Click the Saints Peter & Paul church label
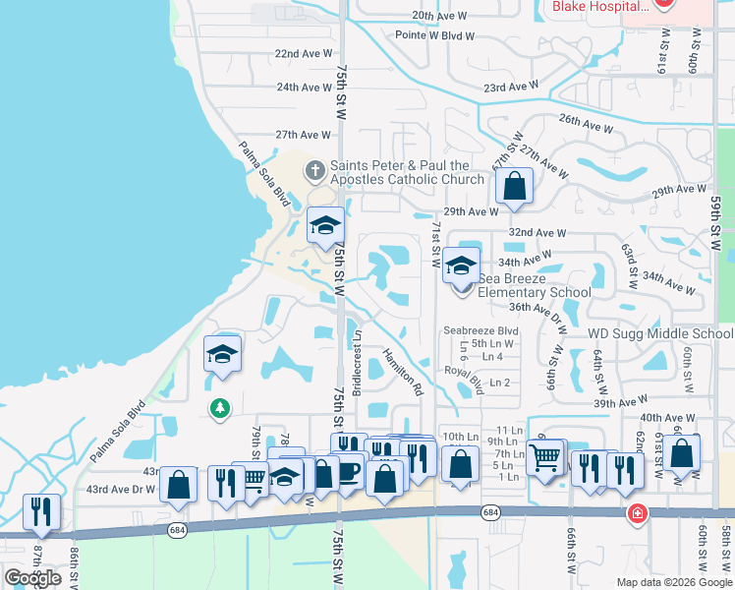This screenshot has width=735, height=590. (x=407, y=172)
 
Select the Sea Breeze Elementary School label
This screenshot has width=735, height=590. (x=535, y=285)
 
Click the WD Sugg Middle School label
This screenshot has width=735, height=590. (x=660, y=334)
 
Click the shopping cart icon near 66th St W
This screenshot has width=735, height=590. (x=545, y=455)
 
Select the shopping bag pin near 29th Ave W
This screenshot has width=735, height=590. (x=514, y=186)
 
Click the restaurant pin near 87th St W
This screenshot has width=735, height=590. (x=41, y=511)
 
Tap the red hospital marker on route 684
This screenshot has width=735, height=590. (x=638, y=513)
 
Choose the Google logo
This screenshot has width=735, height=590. (x=32, y=578)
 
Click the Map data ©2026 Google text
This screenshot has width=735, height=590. (x=673, y=582)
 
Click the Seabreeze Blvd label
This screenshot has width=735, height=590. (x=481, y=330)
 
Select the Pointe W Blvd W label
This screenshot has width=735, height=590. (x=434, y=35)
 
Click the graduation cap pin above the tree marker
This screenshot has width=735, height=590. (x=222, y=354)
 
